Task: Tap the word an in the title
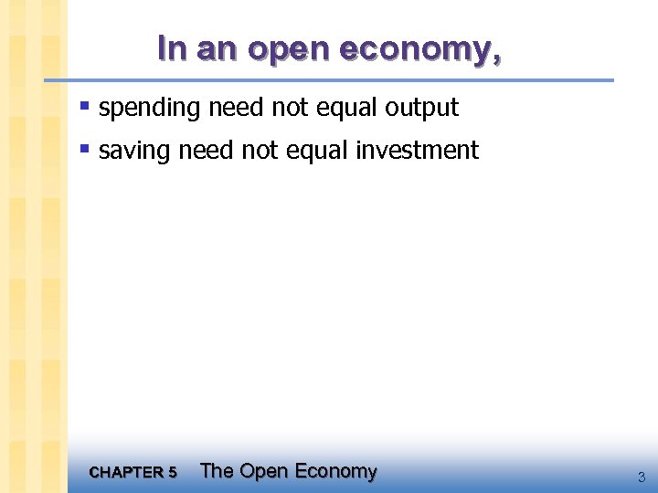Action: point(216,49)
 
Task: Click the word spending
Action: point(149,109)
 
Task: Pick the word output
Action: point(421,109)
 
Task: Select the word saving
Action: point(134,151)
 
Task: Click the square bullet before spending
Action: point(84,107)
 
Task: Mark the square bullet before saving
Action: point(84,149)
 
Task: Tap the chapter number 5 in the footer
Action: point(173,473)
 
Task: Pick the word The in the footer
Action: point(217,471)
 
